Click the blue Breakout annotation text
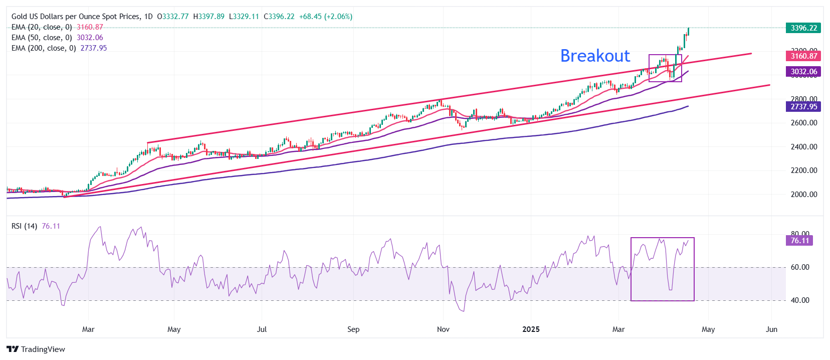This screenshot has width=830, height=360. point(595,56)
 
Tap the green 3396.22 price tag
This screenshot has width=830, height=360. point(804,28)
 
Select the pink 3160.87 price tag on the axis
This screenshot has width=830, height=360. point(804,56)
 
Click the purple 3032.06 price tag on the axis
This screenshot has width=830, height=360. point(804,72)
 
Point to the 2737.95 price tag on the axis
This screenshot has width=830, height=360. point(804,107)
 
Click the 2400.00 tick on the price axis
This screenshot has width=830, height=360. point(804,147)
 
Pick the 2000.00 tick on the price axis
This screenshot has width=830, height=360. point(804,195)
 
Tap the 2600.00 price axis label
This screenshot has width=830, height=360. point(804,123)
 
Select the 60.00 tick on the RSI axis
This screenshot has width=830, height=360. point(800,267)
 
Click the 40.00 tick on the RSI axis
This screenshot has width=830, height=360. point(800,300)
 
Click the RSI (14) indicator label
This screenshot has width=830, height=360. point(24,226)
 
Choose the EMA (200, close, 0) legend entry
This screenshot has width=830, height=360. point(44,48)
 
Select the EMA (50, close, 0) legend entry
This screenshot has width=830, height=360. point(42,38)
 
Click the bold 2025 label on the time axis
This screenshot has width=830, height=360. point(531,329)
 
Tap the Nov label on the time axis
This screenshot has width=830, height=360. point(443,329)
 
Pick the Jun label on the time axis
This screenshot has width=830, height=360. point(772,329)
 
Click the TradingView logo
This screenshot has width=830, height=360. point(36,349)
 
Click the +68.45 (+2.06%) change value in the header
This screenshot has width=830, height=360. point(326,17)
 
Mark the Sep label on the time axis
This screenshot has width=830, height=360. point(353,329)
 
